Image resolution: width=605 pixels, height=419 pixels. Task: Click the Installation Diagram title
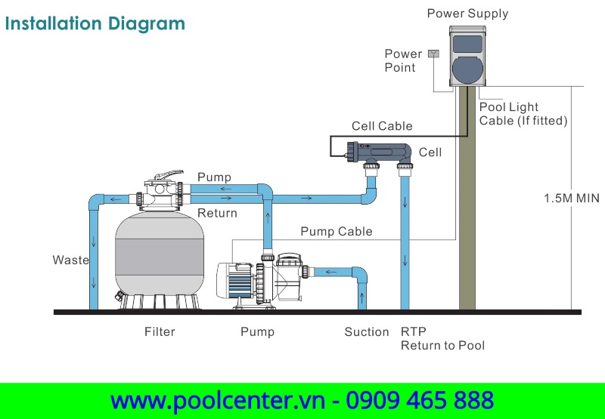95,23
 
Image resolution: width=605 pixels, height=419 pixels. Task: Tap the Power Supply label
467,13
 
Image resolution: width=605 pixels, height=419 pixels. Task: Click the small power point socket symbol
433,54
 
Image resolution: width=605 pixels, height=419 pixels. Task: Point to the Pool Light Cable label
523,114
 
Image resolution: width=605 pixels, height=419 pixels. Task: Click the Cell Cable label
382,126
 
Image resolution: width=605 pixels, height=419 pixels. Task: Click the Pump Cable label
337,231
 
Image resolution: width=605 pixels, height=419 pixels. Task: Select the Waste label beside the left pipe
70,260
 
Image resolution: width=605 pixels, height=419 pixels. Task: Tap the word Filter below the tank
160,331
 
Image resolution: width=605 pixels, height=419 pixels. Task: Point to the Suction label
366,331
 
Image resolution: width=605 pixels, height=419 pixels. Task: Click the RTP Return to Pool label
442,338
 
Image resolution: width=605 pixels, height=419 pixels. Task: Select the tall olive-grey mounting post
467,211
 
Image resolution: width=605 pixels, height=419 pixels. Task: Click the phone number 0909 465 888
420,400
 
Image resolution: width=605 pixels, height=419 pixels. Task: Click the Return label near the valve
217,213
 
